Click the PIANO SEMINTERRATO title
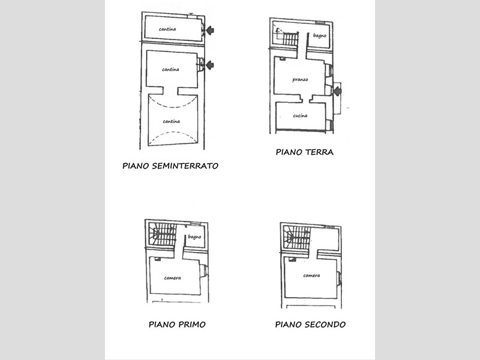coord(170,166)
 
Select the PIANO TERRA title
coord(305,152)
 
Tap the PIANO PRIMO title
coord(177,325)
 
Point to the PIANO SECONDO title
coord(310,325)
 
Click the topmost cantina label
coord(167,29)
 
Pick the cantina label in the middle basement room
coord(170,70)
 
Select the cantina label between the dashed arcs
coord(172,122)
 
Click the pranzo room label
coord(300,80)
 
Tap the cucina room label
coord(300,116)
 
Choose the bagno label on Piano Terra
coord(320,35)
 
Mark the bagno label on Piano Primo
coord(194,236)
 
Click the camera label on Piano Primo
coord(172,278)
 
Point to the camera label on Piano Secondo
coord(311,275)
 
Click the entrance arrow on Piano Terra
coord(337,91)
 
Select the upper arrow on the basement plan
coord(209,31)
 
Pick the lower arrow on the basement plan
coord(209,65)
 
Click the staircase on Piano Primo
coord(162,234)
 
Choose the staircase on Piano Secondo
coord(297,238)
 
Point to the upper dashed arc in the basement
coord(173,101)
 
